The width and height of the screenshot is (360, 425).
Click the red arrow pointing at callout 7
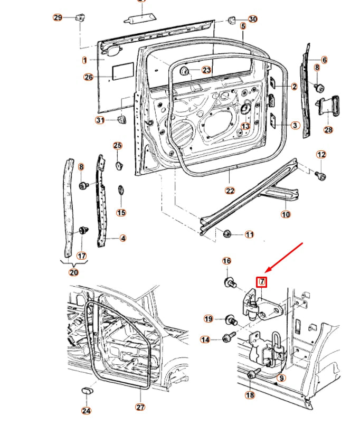coord(285,258)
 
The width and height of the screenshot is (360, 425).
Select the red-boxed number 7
coord(262,281)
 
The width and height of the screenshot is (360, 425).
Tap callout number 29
coord(58,17)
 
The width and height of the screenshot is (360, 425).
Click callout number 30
coord(253,19)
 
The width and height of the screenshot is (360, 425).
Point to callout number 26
coord(89,77)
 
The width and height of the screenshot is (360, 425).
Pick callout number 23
coord(206,70)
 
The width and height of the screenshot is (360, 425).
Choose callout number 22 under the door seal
coord(230,191)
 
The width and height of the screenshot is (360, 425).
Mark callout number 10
coord(286,214)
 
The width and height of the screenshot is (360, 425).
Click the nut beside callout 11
coord(228,233)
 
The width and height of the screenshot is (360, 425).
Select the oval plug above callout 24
coord(87,391)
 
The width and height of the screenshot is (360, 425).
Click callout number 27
coord(140,407)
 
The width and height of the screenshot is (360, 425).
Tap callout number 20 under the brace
coord(73,272)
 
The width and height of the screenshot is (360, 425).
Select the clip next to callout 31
coord(121,119)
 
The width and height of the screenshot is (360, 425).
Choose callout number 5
coord(243,26)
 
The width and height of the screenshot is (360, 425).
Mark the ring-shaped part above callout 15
coord(121,190)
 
